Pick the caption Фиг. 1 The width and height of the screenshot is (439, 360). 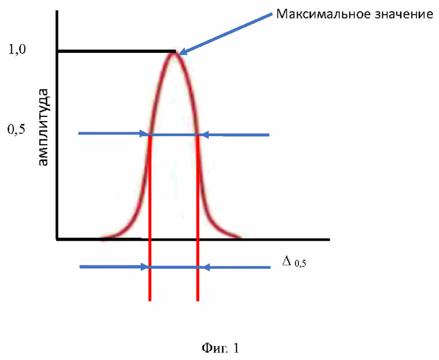pyautogui.click(x=221, y=348)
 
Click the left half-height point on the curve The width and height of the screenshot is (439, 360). pyautogui.click(x=150, y=134)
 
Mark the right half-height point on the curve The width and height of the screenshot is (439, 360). pyautogui.click(x=198, y=134)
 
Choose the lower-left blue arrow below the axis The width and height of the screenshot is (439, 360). pyautogui.click(x=113, y=267)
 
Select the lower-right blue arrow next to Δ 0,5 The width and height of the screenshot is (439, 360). pyautogui.click(x=236, y=267)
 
